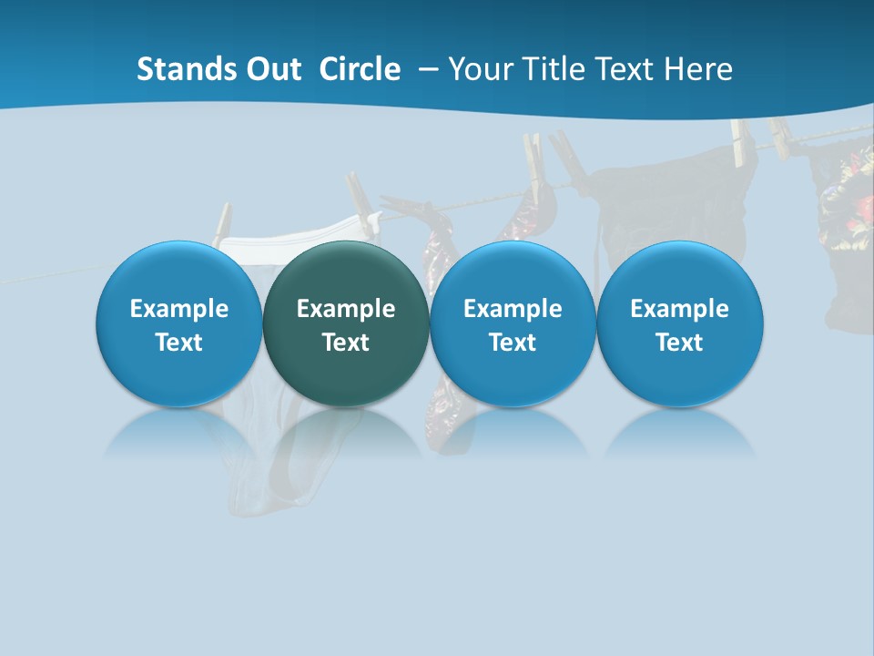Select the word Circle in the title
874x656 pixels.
coord(360,69)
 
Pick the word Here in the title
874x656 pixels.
coord(701,69)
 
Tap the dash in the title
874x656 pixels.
coord(425,69)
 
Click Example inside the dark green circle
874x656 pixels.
coord(346,309)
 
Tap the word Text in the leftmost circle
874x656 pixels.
coord(178,343)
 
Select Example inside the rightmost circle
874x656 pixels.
coord(679,309)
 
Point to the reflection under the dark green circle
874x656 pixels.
coord(346,436)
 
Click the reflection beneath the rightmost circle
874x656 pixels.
coord(679,436)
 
